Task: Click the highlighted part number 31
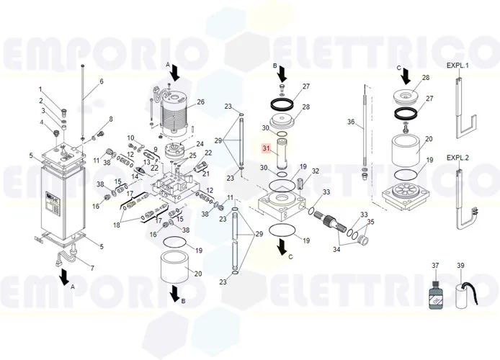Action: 266,148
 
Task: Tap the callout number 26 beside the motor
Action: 201,102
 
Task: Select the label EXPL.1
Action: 457,66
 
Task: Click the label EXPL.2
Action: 457,157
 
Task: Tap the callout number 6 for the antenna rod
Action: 102,81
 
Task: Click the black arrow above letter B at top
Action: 282,74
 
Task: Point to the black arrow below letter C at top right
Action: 406,74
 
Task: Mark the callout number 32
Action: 316,171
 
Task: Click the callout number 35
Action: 371,222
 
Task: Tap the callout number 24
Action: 200,143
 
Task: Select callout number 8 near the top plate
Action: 111,119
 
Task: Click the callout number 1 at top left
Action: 41,89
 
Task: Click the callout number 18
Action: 116,225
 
